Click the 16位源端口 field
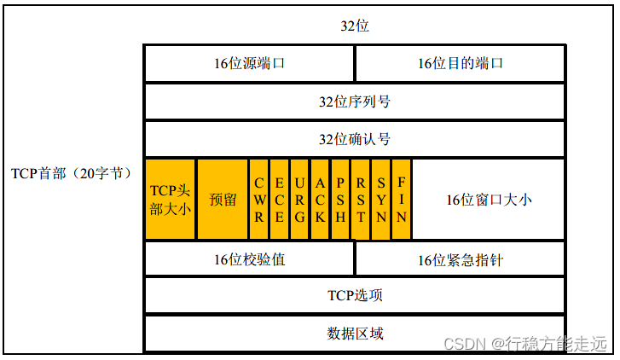point(249,63)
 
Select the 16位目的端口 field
point(460,63)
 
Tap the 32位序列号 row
point(355,102)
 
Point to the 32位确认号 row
point(355,139)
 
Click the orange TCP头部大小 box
point(171,199)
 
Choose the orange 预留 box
point(223,199)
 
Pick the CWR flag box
point(258,199)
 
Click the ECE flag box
point(279,199)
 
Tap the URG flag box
point(299,199)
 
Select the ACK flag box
point(320,199)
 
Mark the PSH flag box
point(340,199)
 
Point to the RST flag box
point(361,199)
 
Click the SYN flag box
point(381,199)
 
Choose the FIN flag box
point(402,199)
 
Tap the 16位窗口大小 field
point(489,199)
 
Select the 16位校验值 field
point(249,259)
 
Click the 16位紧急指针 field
point(460,259)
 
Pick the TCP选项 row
point(355,295)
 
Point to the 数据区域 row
point(355,333)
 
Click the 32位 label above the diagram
point(355,26)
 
